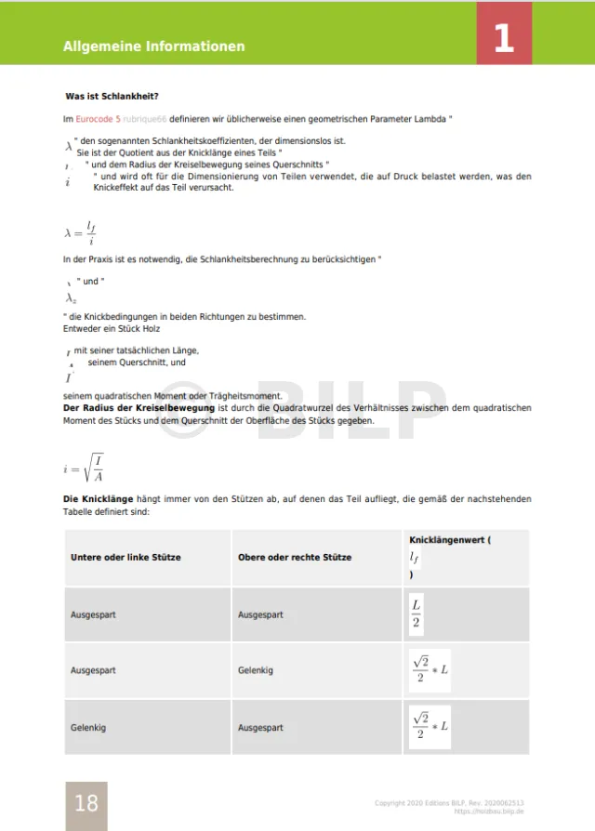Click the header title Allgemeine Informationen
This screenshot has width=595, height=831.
pos(154,46)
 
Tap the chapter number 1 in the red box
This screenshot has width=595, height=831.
pos(504,38)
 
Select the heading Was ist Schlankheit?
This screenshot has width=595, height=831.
pos(112,97)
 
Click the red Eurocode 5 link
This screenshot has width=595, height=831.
pos(98,119)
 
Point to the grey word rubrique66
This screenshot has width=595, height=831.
pos(144,119)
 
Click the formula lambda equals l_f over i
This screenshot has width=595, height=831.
pos(81,232)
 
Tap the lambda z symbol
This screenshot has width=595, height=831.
pos(71,297)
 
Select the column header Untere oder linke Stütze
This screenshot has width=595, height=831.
pos(126,557)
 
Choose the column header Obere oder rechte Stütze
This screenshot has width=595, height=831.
pos(295,557)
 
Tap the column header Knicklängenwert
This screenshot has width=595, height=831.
pos(447,540)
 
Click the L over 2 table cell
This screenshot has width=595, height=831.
pos(417,614)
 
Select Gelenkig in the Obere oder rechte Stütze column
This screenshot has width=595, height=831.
pos(256,670)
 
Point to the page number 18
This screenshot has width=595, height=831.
pos(86,802)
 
